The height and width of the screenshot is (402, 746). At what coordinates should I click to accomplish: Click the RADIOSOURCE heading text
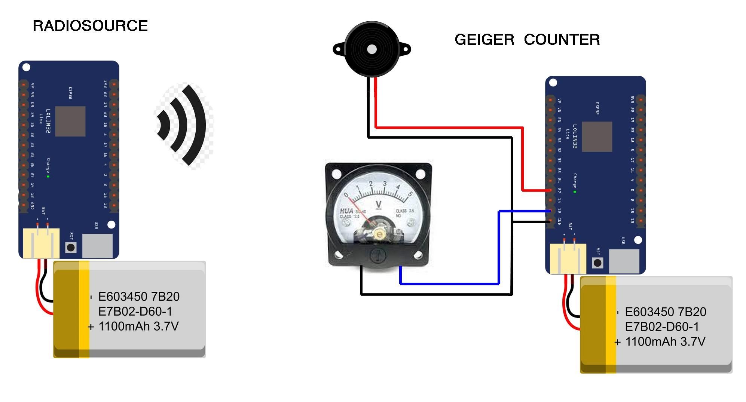90,26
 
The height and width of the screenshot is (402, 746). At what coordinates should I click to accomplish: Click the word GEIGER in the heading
484,40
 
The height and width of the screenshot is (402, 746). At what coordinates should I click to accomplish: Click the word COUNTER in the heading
562,40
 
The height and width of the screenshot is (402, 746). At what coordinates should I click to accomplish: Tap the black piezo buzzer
372,49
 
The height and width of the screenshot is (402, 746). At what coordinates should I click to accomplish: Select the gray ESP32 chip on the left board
70,121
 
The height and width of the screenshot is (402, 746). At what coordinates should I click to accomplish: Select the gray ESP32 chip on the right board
597,136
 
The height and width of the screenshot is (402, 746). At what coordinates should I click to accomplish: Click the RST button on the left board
71,247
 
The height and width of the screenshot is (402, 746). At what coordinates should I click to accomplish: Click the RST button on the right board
597,263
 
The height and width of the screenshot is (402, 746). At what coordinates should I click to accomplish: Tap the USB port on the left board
97,246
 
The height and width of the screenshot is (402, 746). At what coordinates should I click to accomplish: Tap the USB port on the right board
624,261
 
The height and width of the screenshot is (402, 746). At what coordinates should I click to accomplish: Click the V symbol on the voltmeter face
379,204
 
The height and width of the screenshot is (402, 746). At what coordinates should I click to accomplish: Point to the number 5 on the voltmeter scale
410,194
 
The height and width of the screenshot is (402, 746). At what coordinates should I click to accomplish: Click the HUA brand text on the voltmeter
346,211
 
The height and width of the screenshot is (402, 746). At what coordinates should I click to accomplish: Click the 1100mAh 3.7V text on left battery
138,326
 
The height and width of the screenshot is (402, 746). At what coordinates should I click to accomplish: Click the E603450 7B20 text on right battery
665,312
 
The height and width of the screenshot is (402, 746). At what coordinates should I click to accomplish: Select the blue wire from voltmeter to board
449,284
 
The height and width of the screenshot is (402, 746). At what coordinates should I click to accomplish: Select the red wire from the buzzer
449,128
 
